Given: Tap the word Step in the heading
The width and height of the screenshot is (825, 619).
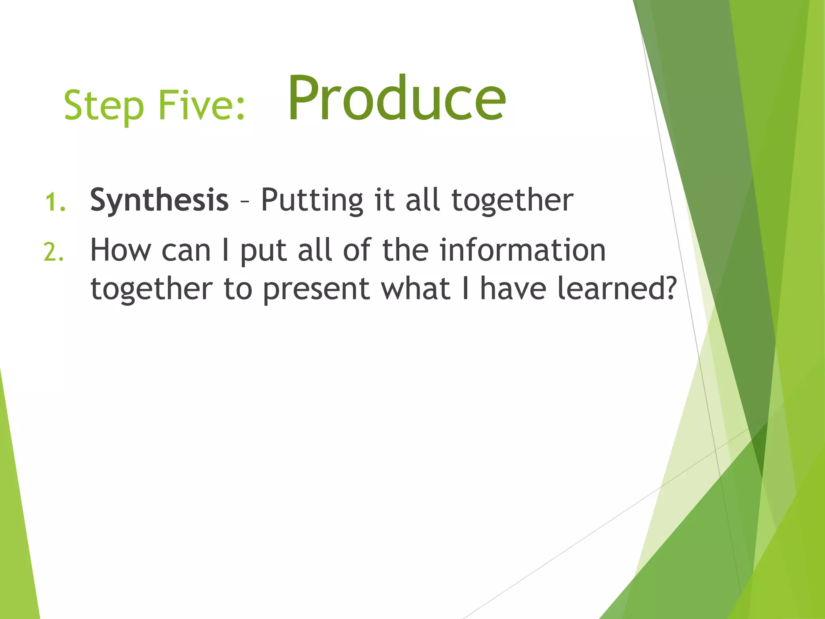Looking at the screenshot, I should [104, 106].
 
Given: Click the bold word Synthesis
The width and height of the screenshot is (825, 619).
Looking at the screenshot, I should [159, 200].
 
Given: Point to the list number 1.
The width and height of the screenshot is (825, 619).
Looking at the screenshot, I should [55, 202].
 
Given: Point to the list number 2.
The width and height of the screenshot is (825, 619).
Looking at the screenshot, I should [54, 253].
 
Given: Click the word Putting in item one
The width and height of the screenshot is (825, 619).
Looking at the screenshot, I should [312, 200].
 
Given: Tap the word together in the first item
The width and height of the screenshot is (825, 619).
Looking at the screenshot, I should [512, 200].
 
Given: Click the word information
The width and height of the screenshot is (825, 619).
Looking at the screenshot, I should [522, 251].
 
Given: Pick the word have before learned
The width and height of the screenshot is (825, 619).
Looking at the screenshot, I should [513, 289].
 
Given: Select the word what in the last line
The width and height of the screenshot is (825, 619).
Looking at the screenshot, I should [415, 289].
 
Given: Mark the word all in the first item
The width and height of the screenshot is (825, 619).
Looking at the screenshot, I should [422, 200].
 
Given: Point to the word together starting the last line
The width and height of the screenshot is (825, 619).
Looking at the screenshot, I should [151, 289].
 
